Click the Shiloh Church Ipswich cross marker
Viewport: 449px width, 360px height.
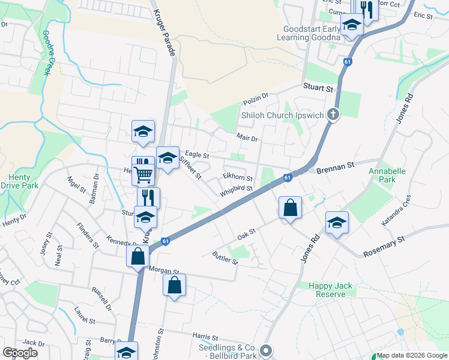pyautogui.click(x=333, y=115)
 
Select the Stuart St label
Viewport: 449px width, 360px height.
pyautogui.click(x=318, y=88)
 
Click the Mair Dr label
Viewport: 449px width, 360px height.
pyautogui.click(x=247, y=138)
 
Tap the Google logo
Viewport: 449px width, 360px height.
pyautogui.click(x=20, y=352)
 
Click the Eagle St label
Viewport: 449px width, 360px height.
pyautogui.click(x=197, y=155)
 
